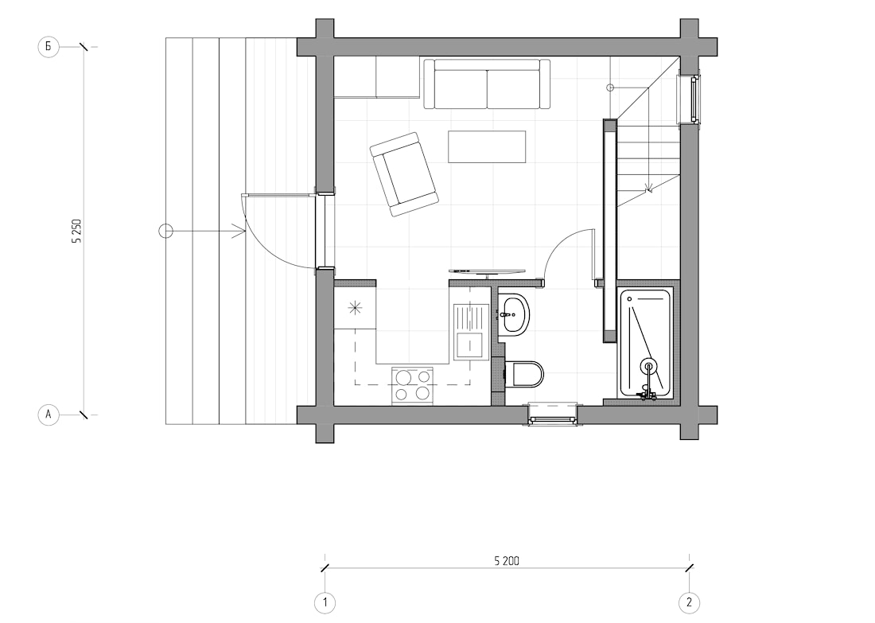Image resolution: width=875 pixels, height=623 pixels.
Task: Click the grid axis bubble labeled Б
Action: coord(48,47)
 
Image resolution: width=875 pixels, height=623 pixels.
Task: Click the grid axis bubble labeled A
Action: coord(48,415)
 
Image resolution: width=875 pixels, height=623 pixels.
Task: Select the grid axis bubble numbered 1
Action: coord(325,603)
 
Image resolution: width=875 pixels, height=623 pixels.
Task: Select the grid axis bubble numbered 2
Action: coord(689,603)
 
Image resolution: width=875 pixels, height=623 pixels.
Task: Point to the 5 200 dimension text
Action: coord(506,560)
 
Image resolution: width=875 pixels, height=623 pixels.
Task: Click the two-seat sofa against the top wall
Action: coord(487,84)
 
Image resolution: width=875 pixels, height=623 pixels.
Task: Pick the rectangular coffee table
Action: coord(487,147)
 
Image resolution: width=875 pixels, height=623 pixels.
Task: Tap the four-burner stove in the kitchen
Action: coord(413,385)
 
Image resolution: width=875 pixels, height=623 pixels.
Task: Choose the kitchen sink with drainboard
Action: coord(470,330)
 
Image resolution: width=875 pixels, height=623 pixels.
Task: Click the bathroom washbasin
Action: coord(512,314)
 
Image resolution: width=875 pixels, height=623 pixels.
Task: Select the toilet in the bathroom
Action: coord(523,374)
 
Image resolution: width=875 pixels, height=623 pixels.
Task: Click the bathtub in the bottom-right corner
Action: coord(646,343)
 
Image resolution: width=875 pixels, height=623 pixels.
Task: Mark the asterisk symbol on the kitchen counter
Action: coord(355,308)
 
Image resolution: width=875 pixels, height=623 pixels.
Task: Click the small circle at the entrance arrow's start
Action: coord(165,231)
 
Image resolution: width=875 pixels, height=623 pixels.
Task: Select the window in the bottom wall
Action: coord(553,415)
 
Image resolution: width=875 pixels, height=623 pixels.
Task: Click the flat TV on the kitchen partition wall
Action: coord(487,272)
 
